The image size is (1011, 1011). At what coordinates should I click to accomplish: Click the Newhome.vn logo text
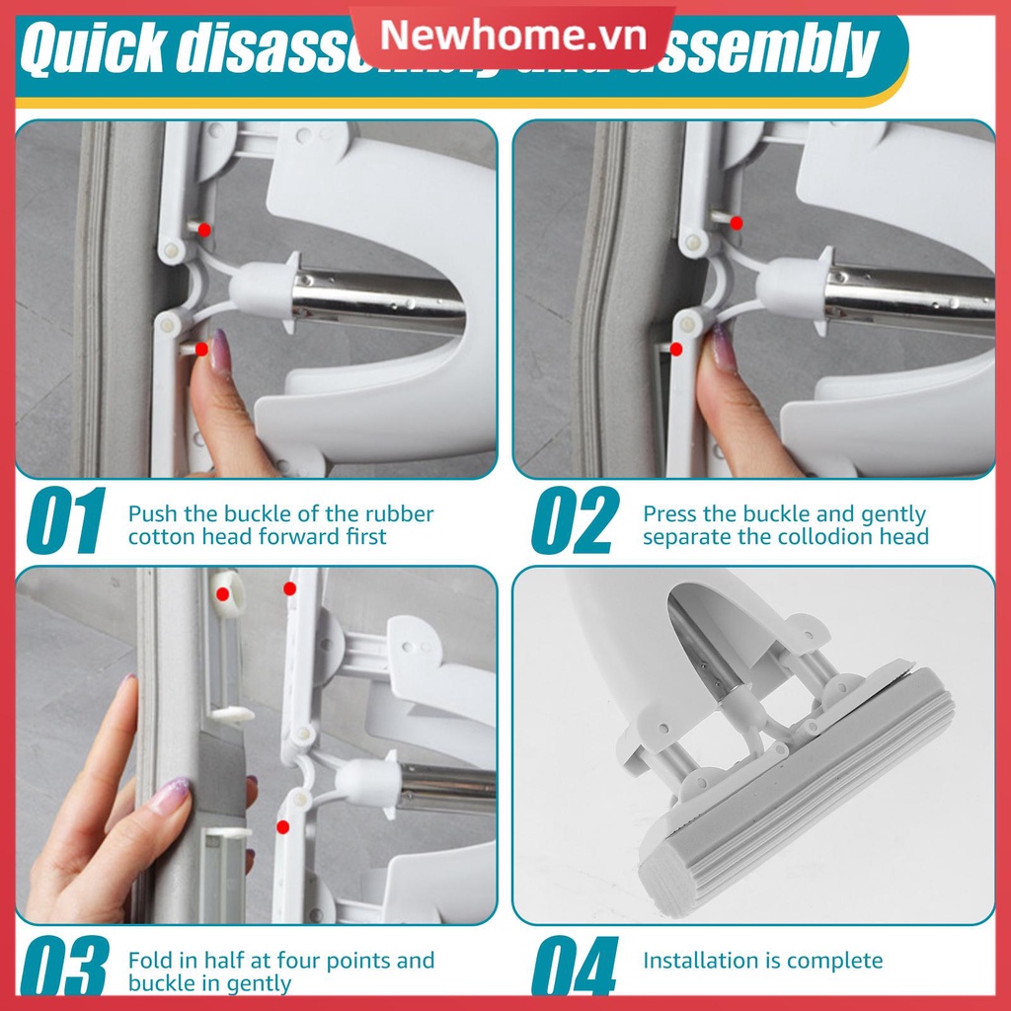[x=512, y=37]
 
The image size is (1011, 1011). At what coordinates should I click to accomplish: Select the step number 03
[x=65, y=967]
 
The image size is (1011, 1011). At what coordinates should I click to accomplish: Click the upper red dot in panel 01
[x=204, y=229]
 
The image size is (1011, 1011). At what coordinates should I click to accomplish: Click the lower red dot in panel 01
[x=201, y=349]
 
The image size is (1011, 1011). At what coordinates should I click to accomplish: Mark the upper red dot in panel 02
[x=737, y=224]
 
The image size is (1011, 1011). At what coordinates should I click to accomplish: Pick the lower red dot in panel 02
[x=676, y=349]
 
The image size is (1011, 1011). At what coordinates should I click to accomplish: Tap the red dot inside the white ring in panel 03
[x=224, y=594]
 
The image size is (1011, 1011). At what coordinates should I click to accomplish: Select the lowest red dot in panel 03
[x=282, y=826]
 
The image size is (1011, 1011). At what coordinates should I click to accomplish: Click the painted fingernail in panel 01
[x=219, y=350]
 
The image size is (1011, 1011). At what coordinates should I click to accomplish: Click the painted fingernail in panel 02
[x=724, y=349]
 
